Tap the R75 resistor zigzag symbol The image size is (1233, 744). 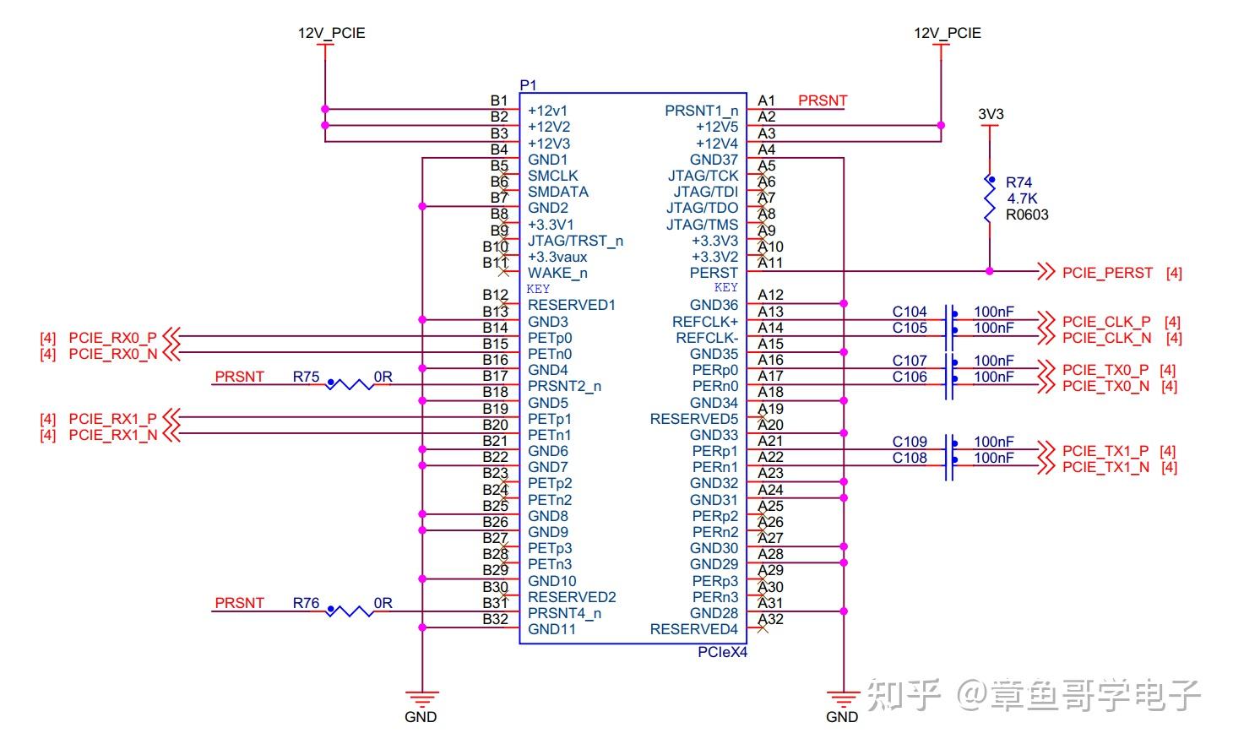coord(350,385)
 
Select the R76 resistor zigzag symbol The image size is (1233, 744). coord(350,611)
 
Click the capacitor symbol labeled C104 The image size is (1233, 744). coord(950,320)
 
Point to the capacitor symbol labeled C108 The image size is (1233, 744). coord(950,466)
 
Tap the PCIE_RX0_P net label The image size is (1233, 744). coord(112,337)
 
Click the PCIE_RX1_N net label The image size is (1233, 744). coord(112,435)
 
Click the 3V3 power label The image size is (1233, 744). coord(991,114)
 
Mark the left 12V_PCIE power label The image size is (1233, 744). coord(331,33)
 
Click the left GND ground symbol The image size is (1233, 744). coord(421,699)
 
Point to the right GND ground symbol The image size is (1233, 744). coord(842,699)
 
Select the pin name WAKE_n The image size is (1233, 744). coord(557,273)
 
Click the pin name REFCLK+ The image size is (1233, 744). coord(705,322)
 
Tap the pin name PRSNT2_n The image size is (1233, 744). coord(564,386)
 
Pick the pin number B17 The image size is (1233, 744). coord(495,376)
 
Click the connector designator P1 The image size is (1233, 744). coord(528,85)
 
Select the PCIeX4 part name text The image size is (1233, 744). coord(722,652)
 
